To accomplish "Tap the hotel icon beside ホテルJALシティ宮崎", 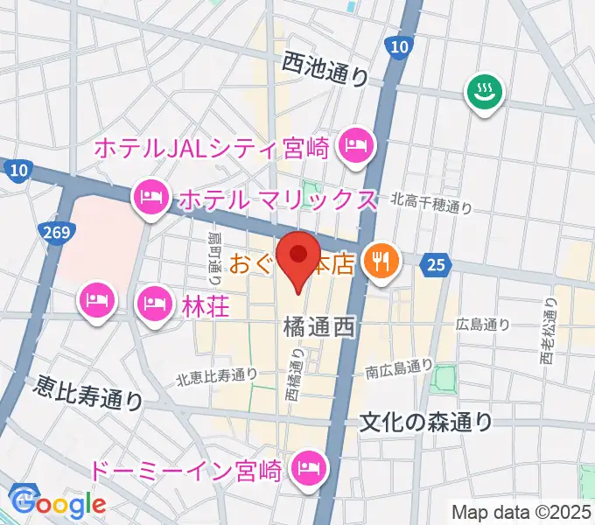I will pos(354,144).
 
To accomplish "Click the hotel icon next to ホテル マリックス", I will pos(151,197).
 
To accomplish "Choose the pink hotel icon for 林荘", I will pos(155,303).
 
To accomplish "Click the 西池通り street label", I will pos(325,67).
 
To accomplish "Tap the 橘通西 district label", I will pos(318,328).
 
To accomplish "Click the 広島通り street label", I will pos(482,324).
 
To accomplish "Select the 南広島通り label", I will pos(399,369).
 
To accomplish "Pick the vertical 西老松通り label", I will pos(549,333).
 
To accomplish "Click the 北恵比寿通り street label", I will pos(216,376).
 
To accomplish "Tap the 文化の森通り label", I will pos(427,423).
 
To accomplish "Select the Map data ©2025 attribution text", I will pos(521,511).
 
